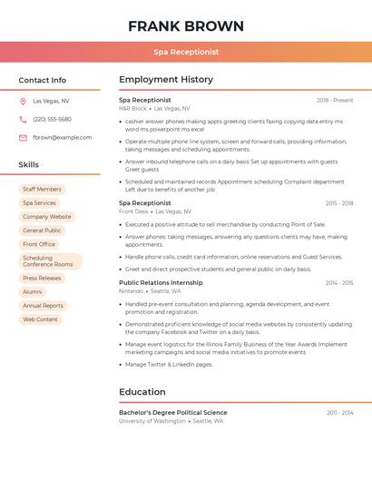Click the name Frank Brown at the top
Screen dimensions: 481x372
coord(186,26)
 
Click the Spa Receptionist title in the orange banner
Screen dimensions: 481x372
coord(186,52)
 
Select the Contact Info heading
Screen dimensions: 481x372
coord(43,80)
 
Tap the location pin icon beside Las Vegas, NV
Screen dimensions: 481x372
coord(23,101)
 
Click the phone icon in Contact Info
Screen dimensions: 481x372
coord(23,119)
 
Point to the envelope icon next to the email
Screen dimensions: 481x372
coord(23,138)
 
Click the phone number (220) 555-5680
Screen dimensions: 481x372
coord(52,119)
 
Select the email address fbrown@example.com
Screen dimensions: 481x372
coord(63,138)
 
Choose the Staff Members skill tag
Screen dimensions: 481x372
coord(42,189)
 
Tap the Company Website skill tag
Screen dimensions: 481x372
coord(47,217)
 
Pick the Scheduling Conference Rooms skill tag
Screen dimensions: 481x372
coord(49,261)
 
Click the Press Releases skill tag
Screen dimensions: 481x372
coord(42,278)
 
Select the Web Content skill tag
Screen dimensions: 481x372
coord(40,319)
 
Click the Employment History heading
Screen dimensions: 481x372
coord(166,80)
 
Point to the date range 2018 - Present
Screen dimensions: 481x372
coord(335,100)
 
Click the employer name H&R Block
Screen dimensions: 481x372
coord(132,108)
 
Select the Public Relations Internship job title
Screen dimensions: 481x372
coord(161,282)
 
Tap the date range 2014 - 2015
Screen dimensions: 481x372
coord(339,282)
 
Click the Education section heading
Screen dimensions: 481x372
coord(142,392)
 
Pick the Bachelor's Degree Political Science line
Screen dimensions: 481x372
coord(173,412)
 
